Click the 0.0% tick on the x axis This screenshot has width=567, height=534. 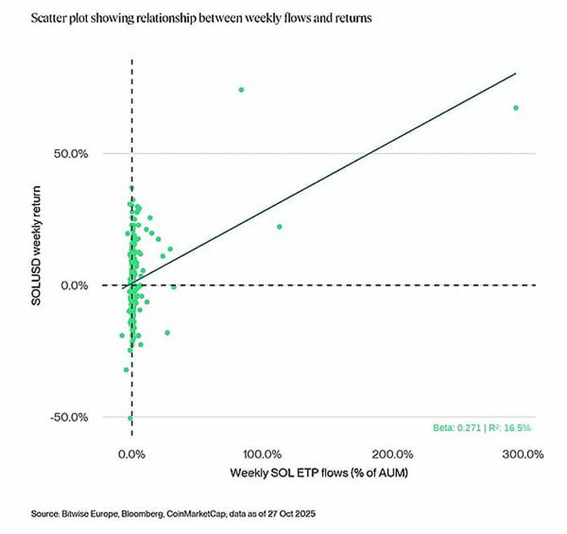[x=132, y=455]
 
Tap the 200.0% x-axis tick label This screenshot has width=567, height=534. [x=393, y=455]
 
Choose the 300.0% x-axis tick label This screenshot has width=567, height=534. [x=523, y=455]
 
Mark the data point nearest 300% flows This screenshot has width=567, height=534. [x=516, y=108]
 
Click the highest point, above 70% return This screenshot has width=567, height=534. [x=241, y=90]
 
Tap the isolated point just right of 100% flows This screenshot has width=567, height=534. [x=279, y=226]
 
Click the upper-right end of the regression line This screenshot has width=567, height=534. [x=515, y=73]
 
